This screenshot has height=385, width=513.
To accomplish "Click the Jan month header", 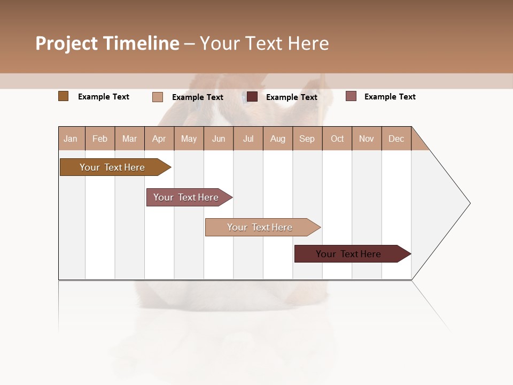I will point(71,138).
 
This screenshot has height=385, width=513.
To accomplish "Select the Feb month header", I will point(100,138).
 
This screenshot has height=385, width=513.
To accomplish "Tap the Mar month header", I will point(129,138).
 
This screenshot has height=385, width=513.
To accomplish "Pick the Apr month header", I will point(159,138).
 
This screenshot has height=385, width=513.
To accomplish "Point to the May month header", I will point(189,138).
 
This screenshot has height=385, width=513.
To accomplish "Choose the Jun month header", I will point(219,138).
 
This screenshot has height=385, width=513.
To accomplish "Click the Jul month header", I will point(248,138).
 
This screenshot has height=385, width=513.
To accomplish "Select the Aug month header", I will point(278,138).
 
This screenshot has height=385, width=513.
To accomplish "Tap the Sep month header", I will point(307,138).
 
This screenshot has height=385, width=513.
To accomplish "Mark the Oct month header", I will point(337,138).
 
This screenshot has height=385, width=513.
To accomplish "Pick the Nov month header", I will point(367,138).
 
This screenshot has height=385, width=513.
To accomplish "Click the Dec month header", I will point(397,138).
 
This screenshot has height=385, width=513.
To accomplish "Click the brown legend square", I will point(64,96).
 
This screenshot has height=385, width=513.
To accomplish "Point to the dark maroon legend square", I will point(252,97).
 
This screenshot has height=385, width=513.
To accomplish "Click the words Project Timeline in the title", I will point(107,43).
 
